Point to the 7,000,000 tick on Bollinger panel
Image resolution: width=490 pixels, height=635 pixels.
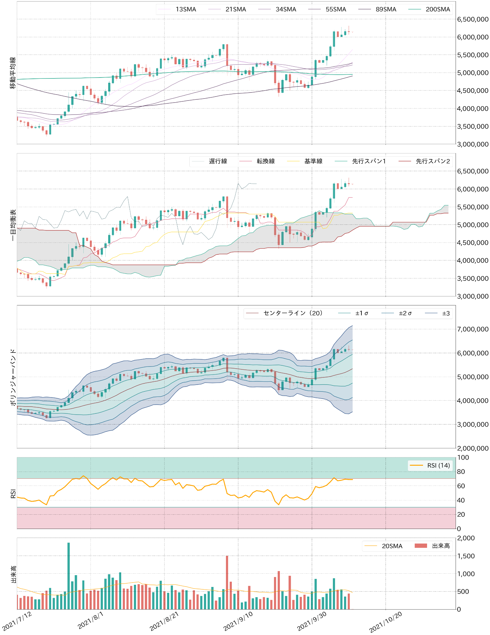(x=473, y=329)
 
